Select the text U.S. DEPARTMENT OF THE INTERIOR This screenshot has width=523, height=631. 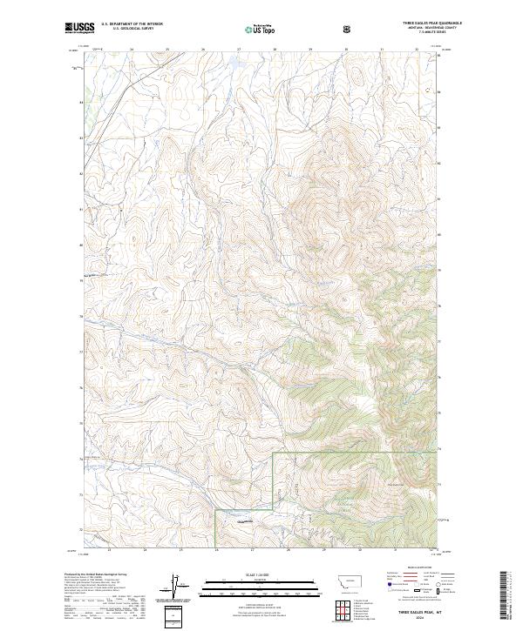pyautogui.click(x=132, y=24)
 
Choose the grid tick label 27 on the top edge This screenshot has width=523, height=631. pyautogui.click(x=240, y=50)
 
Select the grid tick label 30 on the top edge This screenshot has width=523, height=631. pyautogui.click(x=347, y=50)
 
